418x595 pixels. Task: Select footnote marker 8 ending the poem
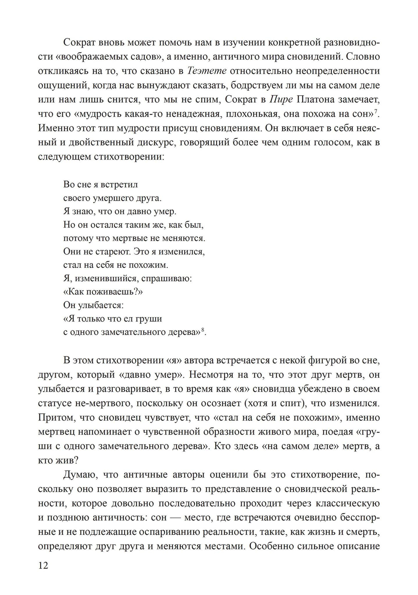(203, 330)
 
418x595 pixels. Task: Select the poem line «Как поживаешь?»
(103, 292)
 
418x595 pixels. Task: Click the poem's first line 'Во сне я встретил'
(101, 184)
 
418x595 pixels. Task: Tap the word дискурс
(161, 142)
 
